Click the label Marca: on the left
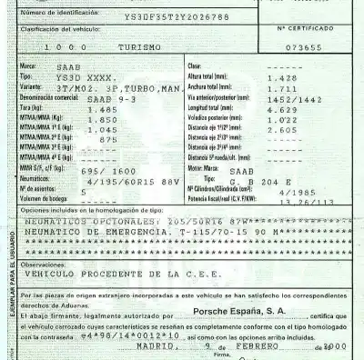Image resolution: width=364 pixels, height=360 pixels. click(30, 67)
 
